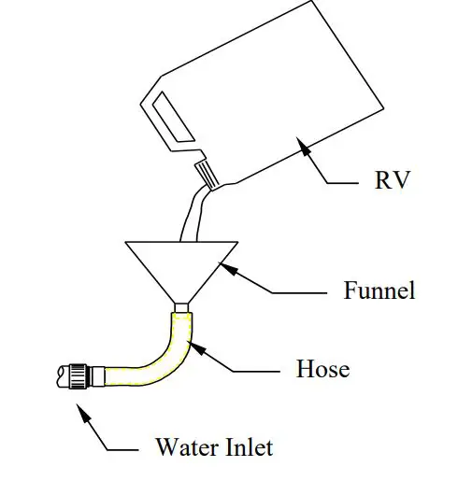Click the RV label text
392,180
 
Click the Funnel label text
379,290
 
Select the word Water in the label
184,447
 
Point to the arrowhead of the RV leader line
299,142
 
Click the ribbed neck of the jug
207,176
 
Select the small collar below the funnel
181,306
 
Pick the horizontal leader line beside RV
344,182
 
